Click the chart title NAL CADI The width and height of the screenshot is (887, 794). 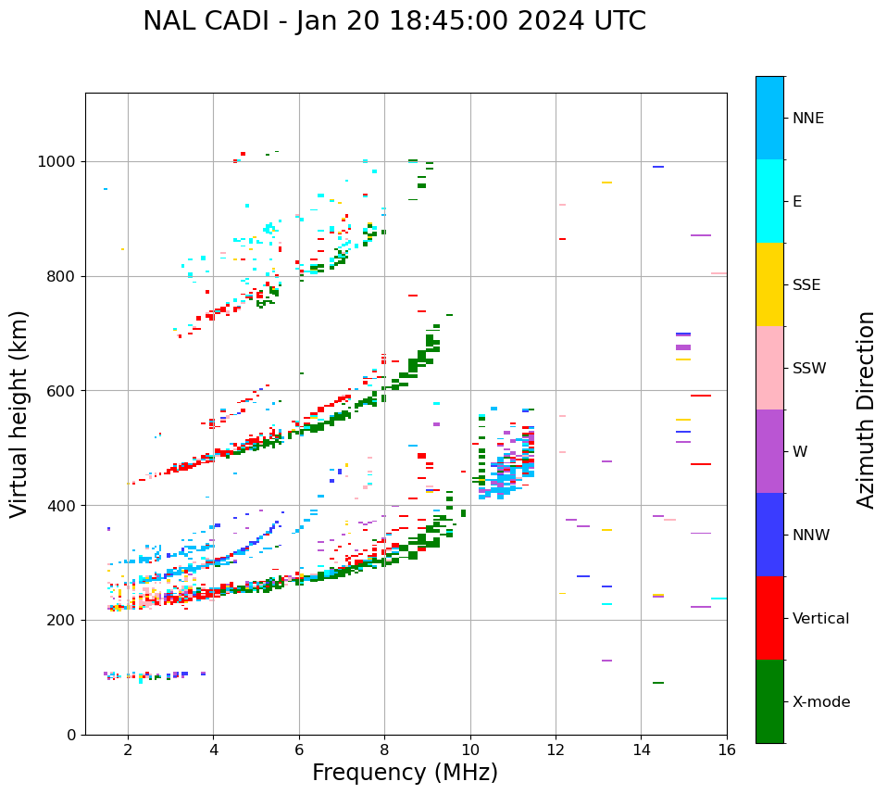394,21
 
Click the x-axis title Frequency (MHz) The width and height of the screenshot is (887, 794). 405,773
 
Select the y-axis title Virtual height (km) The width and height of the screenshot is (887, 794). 19,414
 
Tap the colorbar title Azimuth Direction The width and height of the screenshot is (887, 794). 866,410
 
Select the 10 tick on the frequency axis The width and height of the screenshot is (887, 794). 470,749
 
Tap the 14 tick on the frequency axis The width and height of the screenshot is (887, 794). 642,749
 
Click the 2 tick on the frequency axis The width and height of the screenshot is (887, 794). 128,749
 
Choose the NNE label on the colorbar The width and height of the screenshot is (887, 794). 807,119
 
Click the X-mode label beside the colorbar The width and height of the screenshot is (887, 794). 820,702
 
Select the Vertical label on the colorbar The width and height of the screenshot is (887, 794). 820,619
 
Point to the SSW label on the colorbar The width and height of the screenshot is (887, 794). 809,369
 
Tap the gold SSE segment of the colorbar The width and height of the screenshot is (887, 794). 769,284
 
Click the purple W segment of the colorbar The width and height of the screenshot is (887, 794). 769,451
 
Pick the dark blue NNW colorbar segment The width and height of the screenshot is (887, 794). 769,535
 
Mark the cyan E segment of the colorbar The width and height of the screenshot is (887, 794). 769,201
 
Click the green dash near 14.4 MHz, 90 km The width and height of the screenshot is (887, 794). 657,683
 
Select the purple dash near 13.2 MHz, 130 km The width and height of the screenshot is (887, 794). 606,661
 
